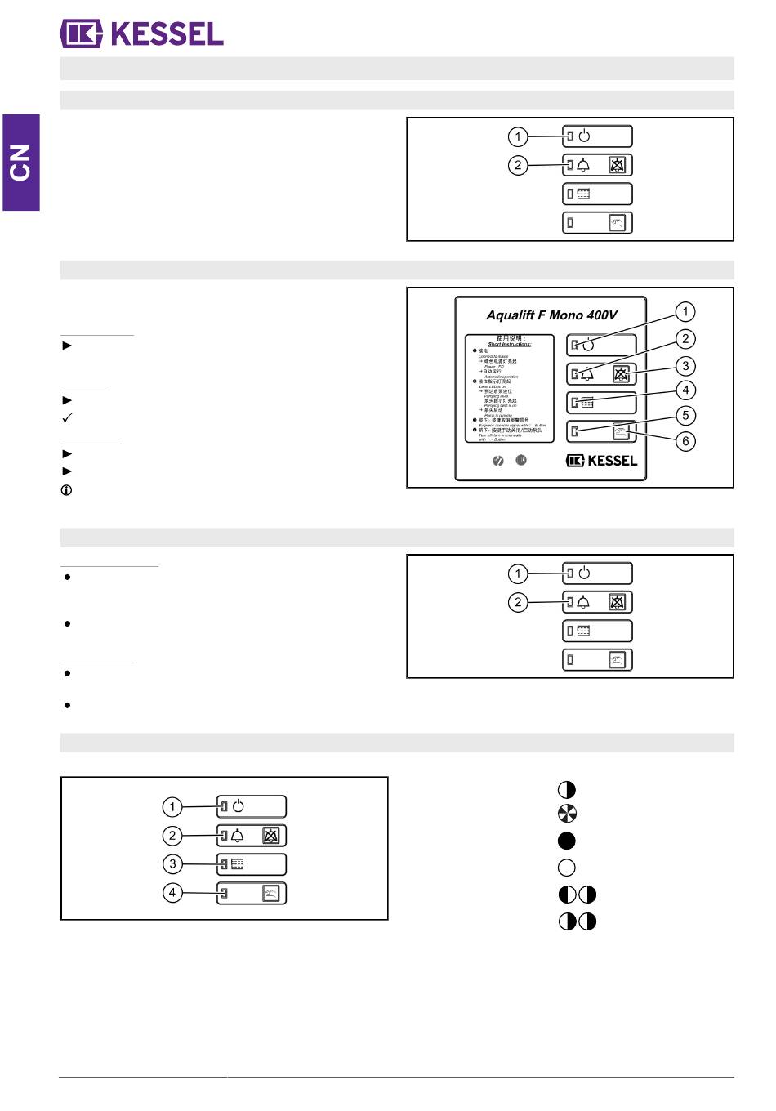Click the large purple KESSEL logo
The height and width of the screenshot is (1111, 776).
click(x=141, y=33)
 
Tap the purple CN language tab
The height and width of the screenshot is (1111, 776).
click(x=20, y=163)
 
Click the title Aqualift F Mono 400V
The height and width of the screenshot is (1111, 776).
click(x=551, y=315)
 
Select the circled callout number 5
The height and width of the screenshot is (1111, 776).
click(x=685, y=415)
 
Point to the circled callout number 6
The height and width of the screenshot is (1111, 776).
click(x=685, y=441)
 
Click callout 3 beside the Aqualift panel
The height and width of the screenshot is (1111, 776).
click(x=685, y=366)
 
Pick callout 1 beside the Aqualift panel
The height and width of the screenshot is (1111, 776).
click(x=685, y=311)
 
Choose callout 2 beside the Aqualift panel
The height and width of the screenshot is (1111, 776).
click(x=685, y=339)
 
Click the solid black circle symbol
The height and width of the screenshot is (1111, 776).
click(x=566, y=841)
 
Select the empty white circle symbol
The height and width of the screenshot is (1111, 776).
click(x=566, y=868)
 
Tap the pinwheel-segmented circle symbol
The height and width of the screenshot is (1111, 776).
click(x=566, y=814)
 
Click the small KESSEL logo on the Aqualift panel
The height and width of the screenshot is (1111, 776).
click(x=601, y=461)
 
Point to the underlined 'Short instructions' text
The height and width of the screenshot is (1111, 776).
click(x=510, y=345)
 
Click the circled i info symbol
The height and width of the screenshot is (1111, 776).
click(x=66, y=490)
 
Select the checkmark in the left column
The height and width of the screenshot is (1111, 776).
click(x=67, y=417)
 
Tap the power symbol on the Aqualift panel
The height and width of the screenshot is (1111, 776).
click(x=589, y=345)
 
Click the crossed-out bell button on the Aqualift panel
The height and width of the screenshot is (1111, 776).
click(x=622, y=374)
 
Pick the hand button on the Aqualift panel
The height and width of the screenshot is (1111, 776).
click(x=622, y=431)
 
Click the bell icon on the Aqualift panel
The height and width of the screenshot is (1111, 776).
click(x=587, y=374)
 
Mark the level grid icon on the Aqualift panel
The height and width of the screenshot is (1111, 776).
click(x=587, y=402)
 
